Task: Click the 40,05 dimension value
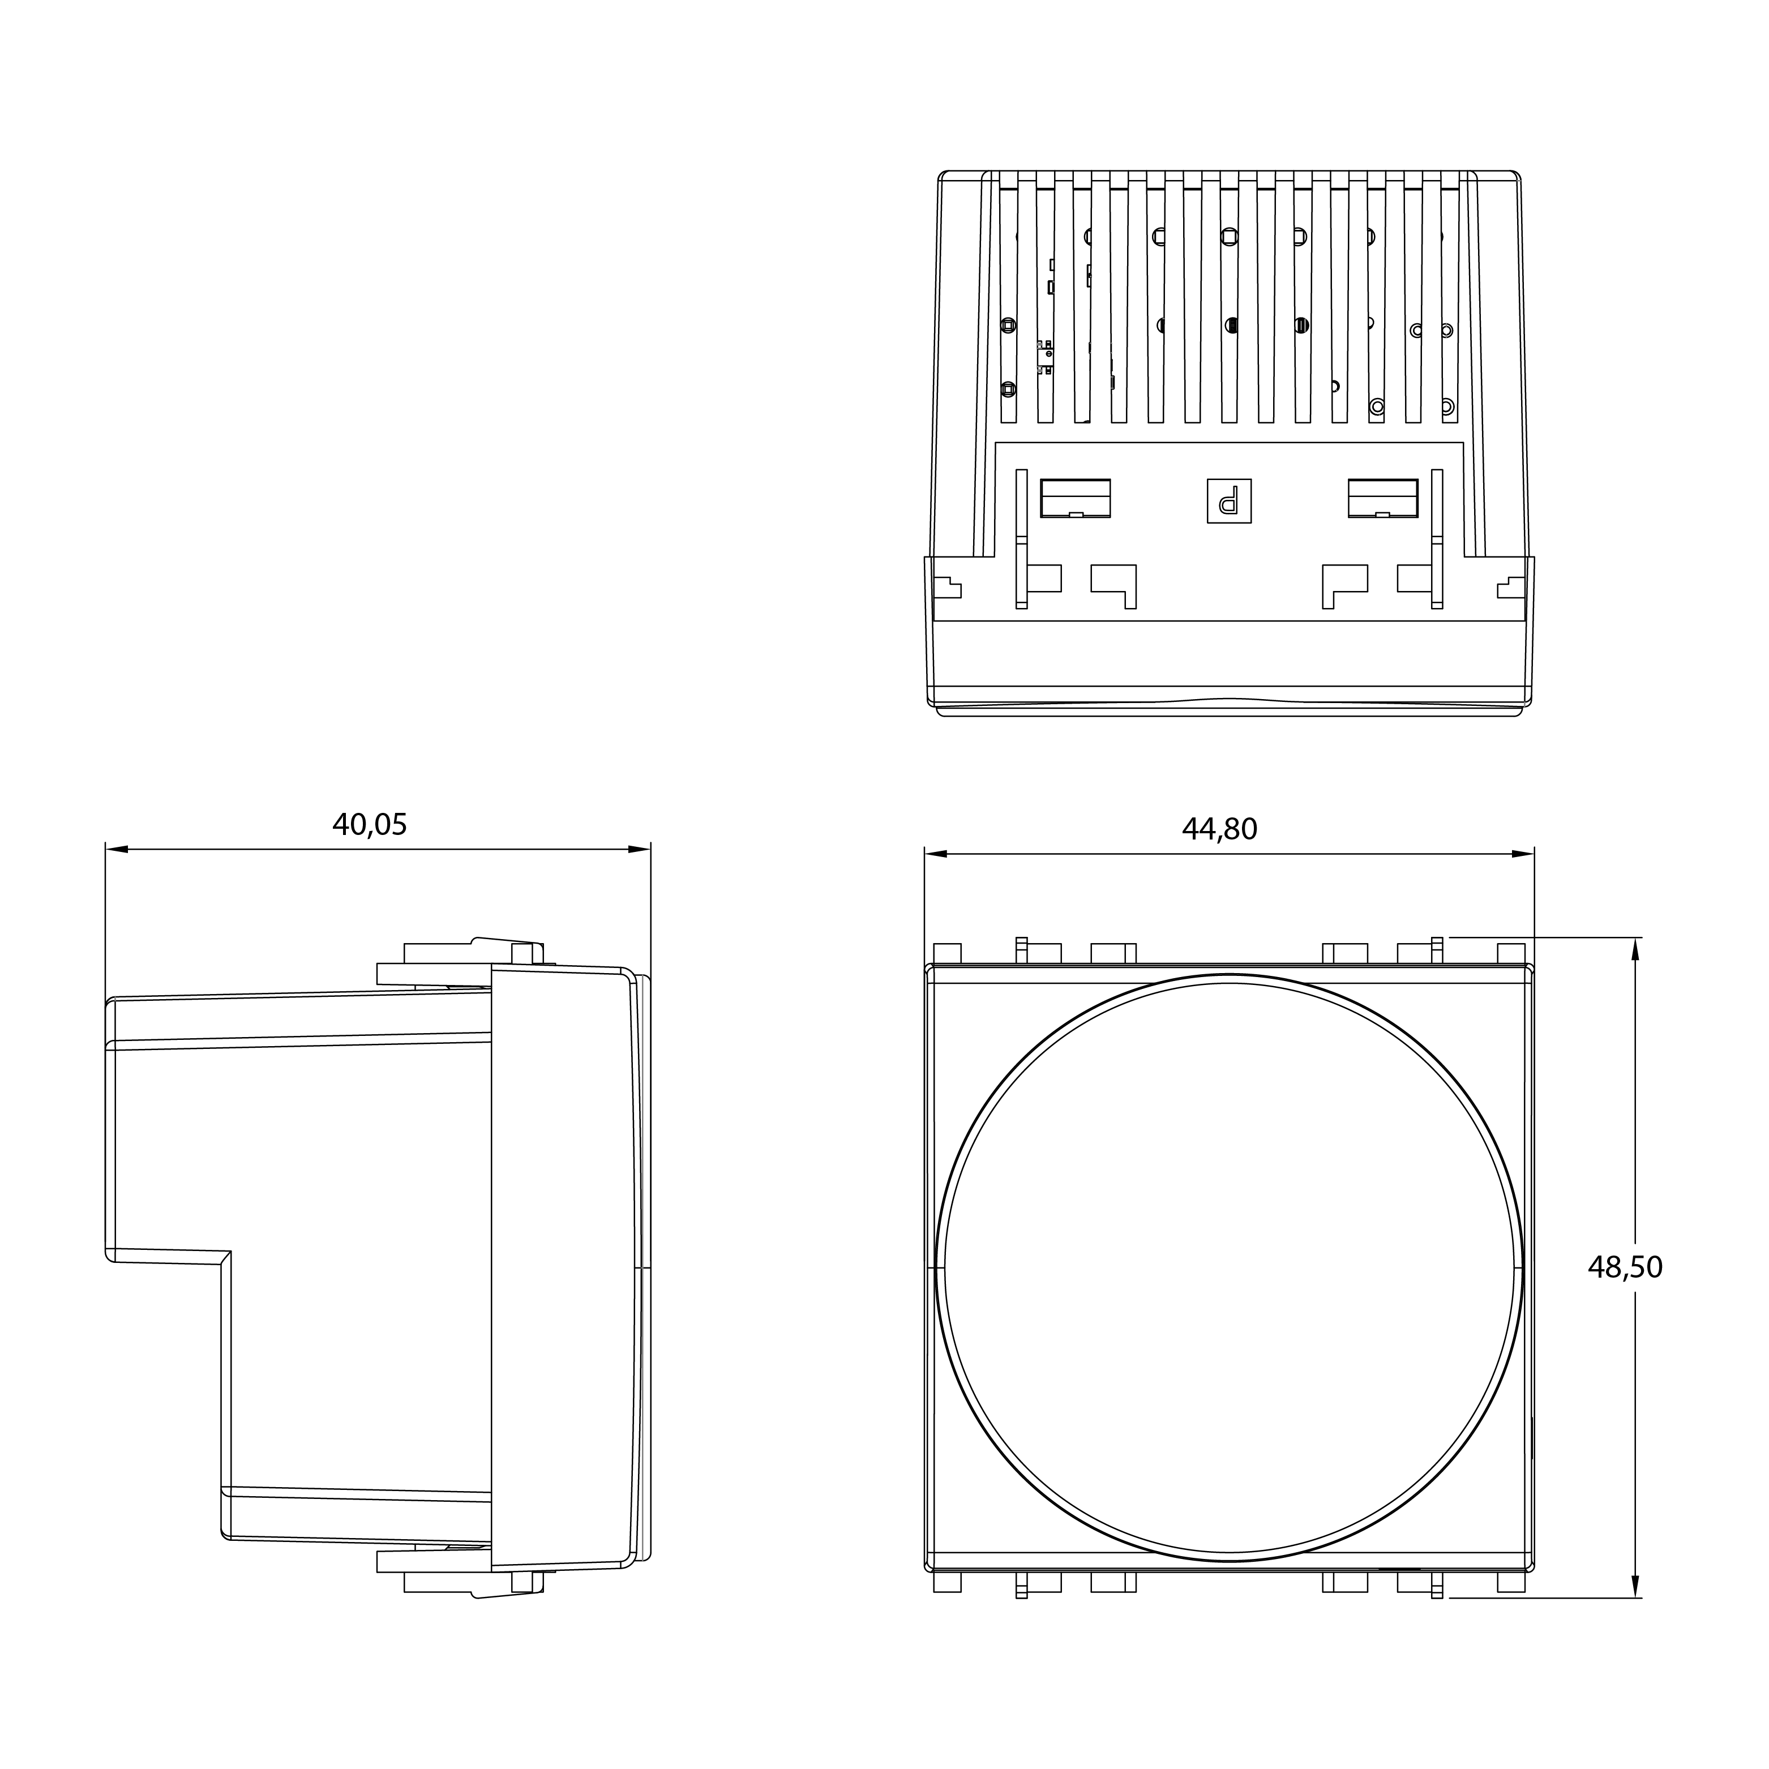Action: pos(369,825)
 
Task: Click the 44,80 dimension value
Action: pos(1220,829)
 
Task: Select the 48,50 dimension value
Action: pos(1625,1267)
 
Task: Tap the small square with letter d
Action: pos(1229,501)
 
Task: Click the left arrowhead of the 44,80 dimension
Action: pos(936,854)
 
